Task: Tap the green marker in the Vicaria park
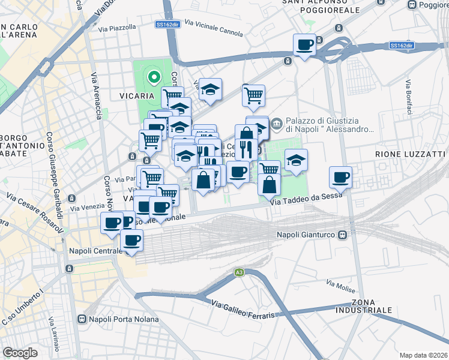click(x=153, y=77)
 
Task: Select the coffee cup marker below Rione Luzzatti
click(x=340, y=177)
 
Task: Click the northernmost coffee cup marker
click(x=304, y=44)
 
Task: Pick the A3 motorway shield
click(x=239, y=273)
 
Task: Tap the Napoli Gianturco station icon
click(x=343, y=235)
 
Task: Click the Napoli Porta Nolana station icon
click(x=82, y=319)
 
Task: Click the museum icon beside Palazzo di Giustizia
click(x=276, y=124)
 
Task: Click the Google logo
click(x=20, y=352)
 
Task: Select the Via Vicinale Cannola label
click(x=214, y=27)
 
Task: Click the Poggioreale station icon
click(x=412, y=5)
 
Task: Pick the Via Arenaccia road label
click(x=95, y=96)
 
